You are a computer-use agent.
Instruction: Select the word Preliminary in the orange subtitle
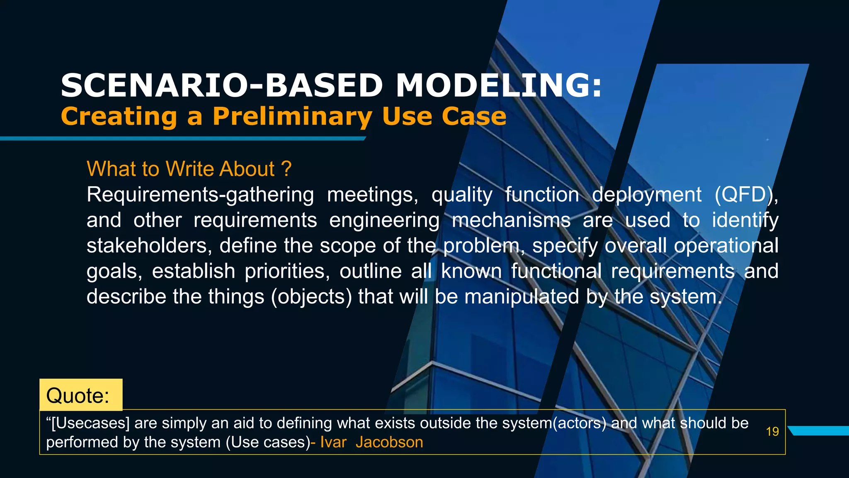pos(292,117)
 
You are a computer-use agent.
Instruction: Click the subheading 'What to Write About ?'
pos(189,169)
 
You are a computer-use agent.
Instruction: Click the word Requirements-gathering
pos(200,195)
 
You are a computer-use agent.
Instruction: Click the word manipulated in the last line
pos(521,297)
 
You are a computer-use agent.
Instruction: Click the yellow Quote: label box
pos(81,395)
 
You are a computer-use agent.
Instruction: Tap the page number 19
pos(772,432)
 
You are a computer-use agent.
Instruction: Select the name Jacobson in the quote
pos(389,442)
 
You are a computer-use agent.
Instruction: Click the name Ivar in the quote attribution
pos(333,442)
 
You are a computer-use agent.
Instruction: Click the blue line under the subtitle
pos(182,139)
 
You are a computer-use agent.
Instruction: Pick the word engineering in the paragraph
pos(384,220)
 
